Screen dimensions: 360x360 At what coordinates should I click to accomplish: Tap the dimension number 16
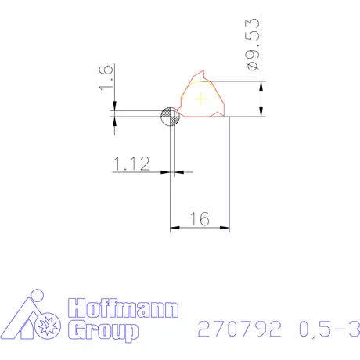pos(200,220)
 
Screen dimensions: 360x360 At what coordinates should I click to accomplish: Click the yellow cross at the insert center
pos(202,99)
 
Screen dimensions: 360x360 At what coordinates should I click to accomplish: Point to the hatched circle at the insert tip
pos(170,117)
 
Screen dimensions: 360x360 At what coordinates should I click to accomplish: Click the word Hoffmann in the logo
pos(122,308)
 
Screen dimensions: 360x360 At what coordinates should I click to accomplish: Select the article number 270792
pos(239,329)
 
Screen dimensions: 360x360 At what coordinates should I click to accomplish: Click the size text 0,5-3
pos(324,329)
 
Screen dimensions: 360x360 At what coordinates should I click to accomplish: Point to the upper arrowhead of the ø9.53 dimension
pos(261,85)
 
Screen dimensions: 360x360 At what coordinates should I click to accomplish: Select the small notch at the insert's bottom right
pos(216,115)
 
